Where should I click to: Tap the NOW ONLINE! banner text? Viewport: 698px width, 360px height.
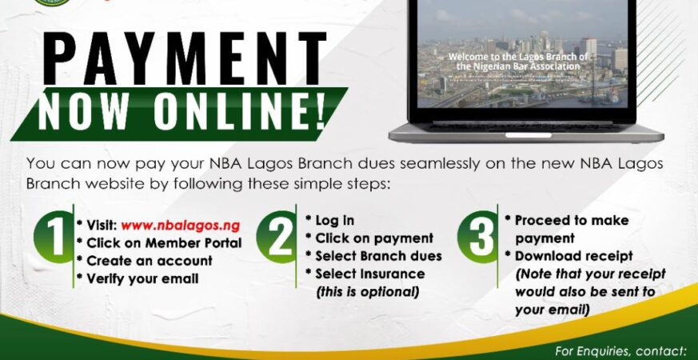(x=182, y=112)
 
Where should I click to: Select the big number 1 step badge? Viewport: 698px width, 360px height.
(x=55, y=238)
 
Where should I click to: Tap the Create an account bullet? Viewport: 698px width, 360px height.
(x=150, y=261)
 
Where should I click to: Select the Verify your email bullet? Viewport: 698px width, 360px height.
(x=142, y=278)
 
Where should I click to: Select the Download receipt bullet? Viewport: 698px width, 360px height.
(x=573, y=257)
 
